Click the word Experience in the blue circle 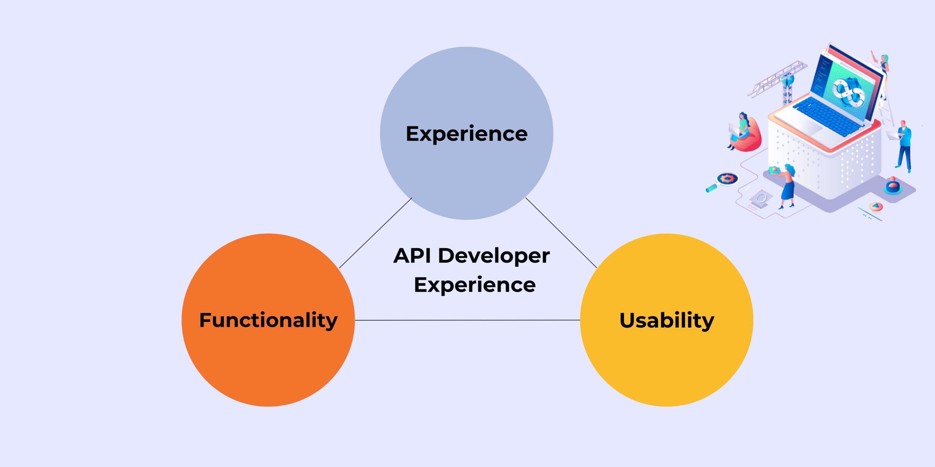click(466, 134)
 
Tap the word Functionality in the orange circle click(268, 320)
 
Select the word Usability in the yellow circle click(667, 320)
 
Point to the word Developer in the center click(494, 255)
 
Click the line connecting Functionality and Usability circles click(467, 320)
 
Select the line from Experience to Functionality click(375, 233)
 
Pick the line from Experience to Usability click(561, 233)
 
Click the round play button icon click(875, 207)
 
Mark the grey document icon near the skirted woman click(762, 199)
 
